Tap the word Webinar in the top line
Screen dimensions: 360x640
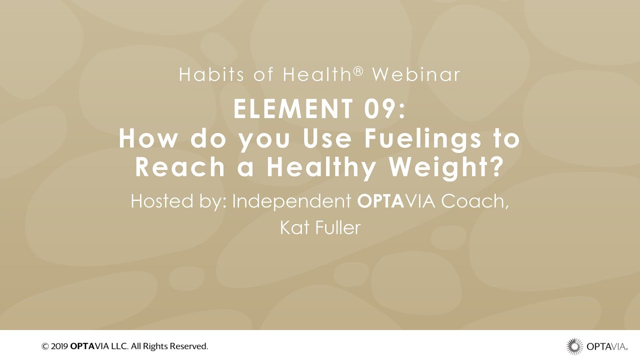(x=416, y=75)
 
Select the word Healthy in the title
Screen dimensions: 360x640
(x=323, y=168)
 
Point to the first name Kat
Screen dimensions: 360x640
(x=291, y=228)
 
